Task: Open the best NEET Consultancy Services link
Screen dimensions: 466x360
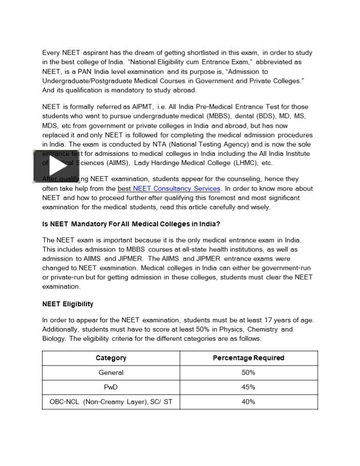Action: pyautogui.click(x=169, y=188)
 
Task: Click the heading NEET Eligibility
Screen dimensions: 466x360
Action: pyautogui.click(x=68, y=304)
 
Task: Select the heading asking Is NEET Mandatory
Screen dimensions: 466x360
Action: pyautogui.click(x=131, y=224)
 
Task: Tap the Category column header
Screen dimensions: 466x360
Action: pyautogui.click(x=111, y=358)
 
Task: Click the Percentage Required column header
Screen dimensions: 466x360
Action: pyautogui.click(x=248, y=358)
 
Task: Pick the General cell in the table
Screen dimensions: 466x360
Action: pyautogui.click(x=111, y=372)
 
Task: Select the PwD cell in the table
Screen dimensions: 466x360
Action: pyautogui.click(x=111, y=387)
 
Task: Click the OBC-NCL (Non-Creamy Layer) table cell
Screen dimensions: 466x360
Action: pyautogui.click(x=111, y=401)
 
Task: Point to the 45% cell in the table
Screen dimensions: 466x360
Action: pyautogui.click(x=248, y=387)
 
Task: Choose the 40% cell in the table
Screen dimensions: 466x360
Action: pyautogui.click(x=248, y=401)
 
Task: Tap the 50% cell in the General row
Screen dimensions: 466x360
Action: pyautogui.click(x=248, y=372)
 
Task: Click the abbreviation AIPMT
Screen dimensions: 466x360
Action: pyautogui.click(x=142, y=107)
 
